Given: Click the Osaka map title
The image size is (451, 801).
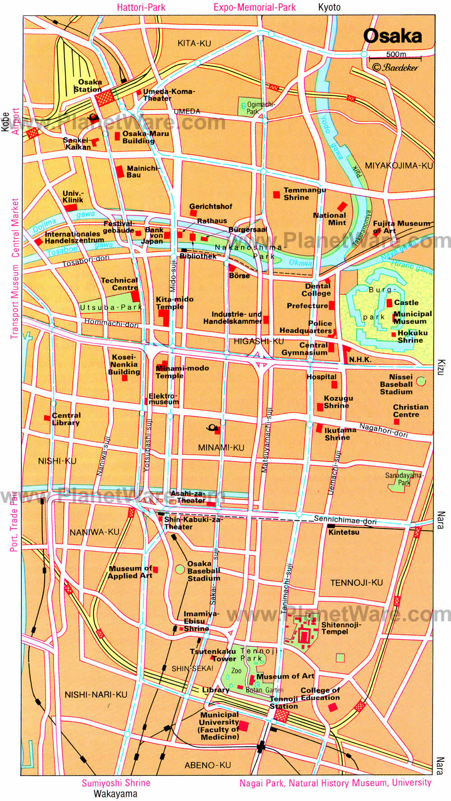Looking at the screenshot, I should (392, 36).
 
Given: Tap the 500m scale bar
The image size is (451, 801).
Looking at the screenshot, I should (395, 58).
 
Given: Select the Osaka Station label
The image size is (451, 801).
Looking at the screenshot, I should (88, 86).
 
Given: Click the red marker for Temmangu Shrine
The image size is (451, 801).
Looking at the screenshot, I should (276, 194).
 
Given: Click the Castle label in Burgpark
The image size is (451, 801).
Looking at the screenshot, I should (406, 302).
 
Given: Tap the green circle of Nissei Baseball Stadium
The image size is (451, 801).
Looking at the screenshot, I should (421, 381).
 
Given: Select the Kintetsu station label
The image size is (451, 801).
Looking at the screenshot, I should (344, 532).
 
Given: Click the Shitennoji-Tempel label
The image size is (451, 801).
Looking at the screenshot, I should (341, 628).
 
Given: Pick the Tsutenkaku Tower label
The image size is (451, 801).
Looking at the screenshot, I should (213, 655).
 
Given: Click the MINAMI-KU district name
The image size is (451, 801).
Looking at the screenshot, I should (221, 448).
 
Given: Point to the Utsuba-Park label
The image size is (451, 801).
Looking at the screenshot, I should (110, 307).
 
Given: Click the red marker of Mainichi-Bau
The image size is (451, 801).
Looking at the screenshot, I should (120, 172).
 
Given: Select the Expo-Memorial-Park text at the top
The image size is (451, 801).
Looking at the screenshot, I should (254, 7).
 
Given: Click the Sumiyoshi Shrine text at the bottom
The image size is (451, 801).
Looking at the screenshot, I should (116, 783).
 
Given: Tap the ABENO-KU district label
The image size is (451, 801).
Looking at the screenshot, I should (207, 765).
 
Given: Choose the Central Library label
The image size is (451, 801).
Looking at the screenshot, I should (66, 419).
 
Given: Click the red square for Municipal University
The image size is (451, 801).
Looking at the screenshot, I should (243, 726).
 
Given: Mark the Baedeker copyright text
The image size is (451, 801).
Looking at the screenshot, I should (395, 68).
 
